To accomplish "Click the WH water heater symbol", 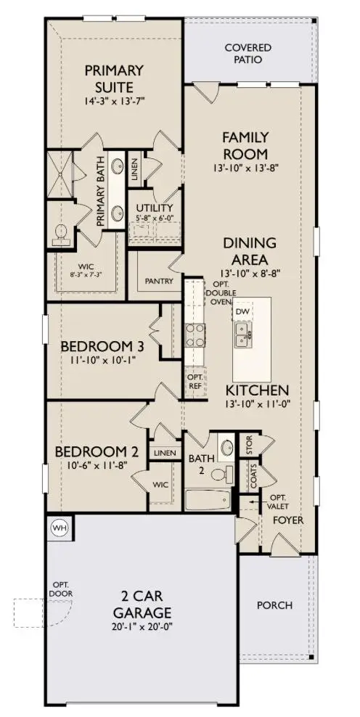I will click(59, 528).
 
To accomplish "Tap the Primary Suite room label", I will click(115, 76).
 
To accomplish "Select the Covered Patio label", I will click(247, 53).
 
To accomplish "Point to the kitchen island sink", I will click(242, 334).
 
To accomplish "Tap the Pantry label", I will click(157, 279).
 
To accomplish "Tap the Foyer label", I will click(288, 520).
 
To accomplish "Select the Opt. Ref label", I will click(195, 382).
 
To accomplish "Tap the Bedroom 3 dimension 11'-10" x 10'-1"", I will click(102, 358).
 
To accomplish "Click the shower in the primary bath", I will click(62, 175).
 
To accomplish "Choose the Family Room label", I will click(245, 144).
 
